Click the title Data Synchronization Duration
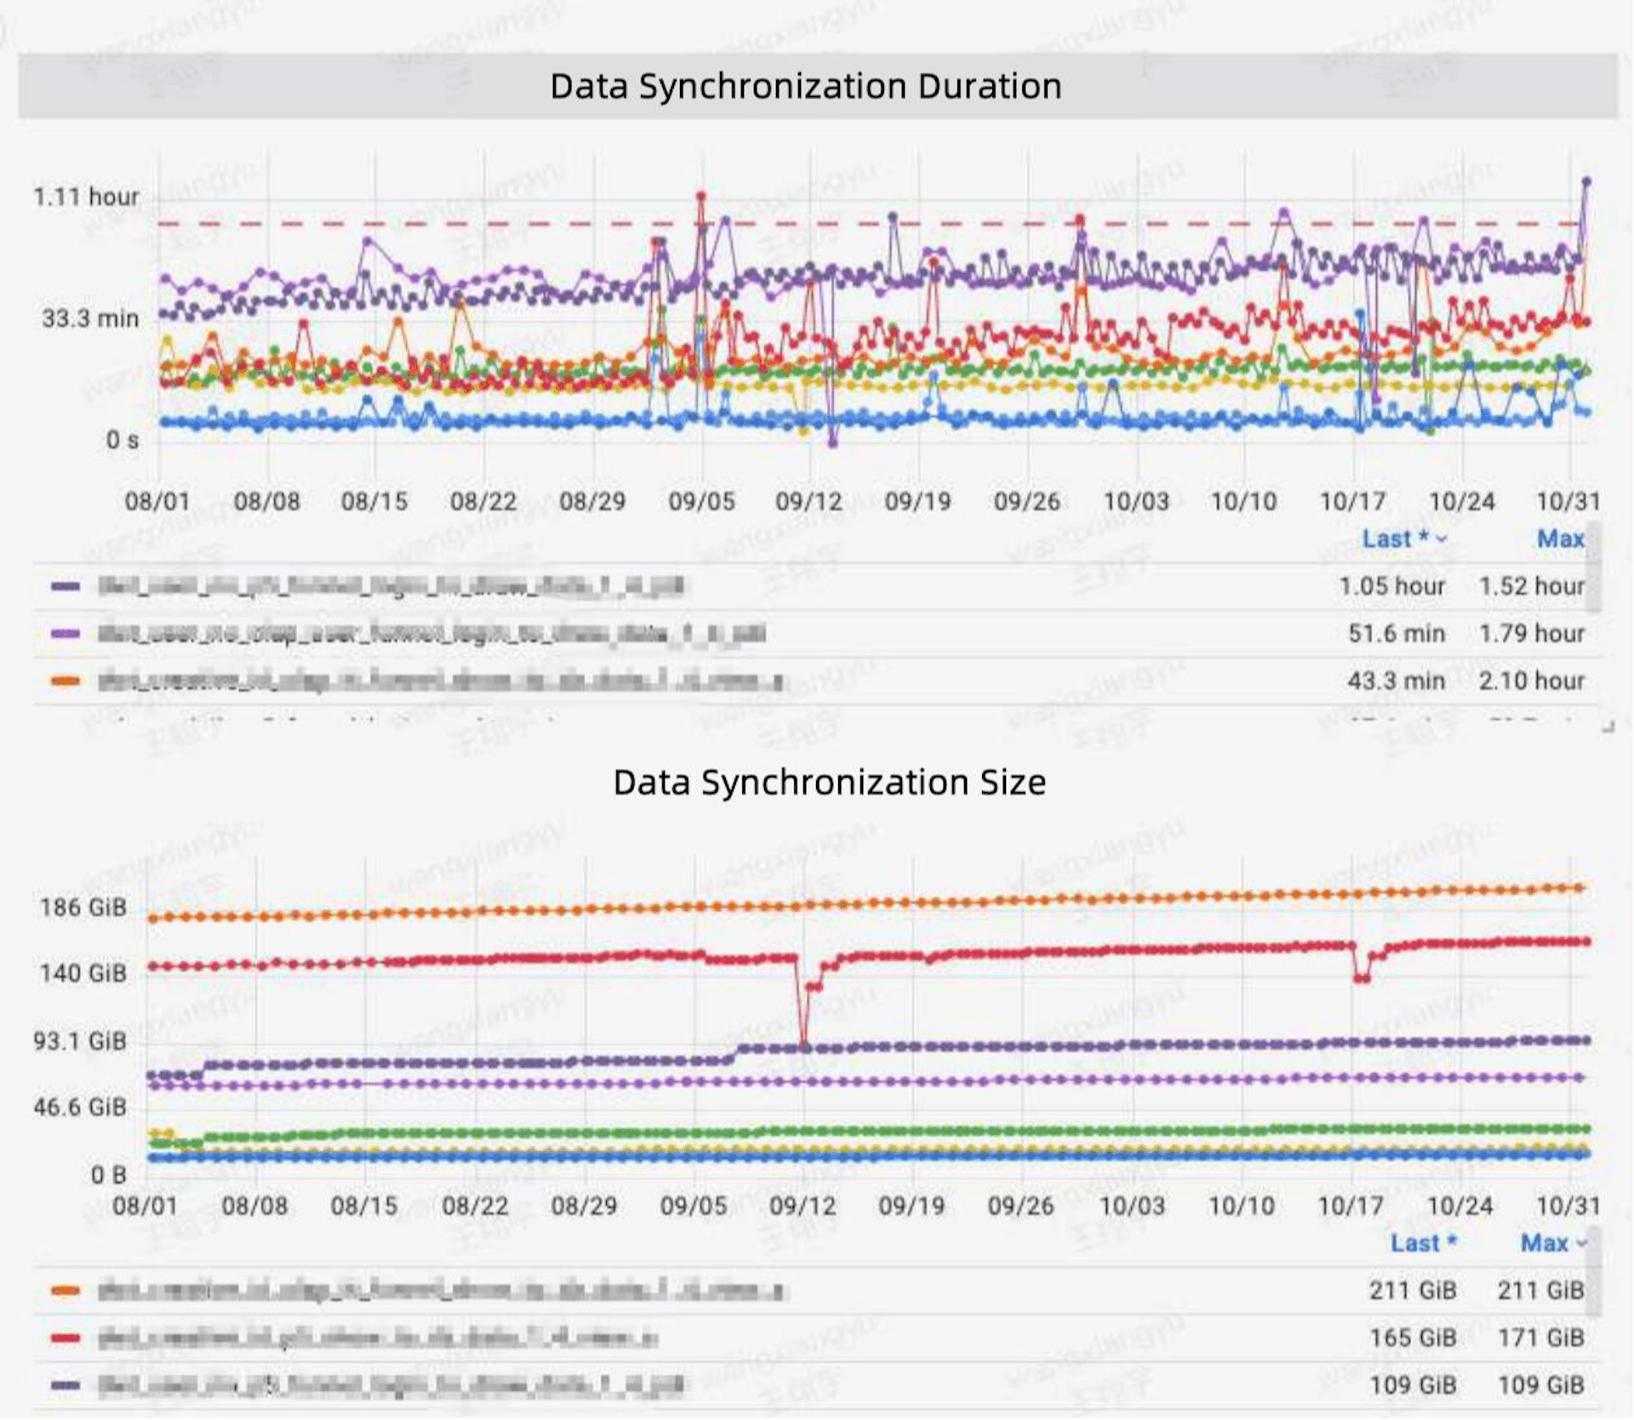[x=805, y=86]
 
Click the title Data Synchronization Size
[x=829, y=782]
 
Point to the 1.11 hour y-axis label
[x=85, y=197]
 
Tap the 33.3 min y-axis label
[x=90, y=318]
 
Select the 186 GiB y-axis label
[x=83, y=907]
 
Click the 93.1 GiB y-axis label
[x=79, y=1041]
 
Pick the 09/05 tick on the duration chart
[x=701, y=501]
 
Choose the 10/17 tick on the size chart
[x=1350, y=1205]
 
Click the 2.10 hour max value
[x=1531, y=681]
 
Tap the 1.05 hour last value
[x=1391, y=586]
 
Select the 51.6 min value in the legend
[x=1396, y=633]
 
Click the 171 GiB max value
[x=1540, y=1337]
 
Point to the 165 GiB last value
[x=1412, y=1337]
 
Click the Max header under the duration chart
[x=1560, y=539]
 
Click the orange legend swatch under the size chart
[x=66, y=1291]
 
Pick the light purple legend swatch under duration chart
[x=66, y=633]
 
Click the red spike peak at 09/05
[x=701, y=197]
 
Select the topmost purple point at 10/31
[x=1586, y=181]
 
